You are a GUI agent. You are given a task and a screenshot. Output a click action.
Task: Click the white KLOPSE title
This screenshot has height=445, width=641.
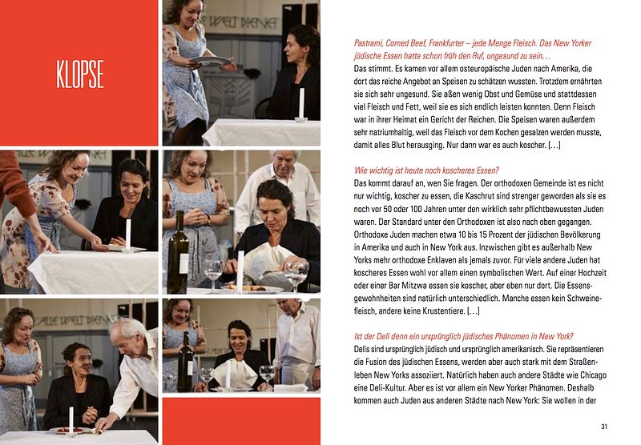point(80,74)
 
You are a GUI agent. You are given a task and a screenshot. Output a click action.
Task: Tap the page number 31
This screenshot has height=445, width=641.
point(604,427)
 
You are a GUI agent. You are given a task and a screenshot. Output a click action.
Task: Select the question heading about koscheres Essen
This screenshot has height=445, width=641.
point(426,170)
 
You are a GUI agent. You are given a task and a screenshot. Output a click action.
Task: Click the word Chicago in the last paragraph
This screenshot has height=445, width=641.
point(593,375)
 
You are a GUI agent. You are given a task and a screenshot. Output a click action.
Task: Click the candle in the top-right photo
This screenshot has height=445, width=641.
point(301,105)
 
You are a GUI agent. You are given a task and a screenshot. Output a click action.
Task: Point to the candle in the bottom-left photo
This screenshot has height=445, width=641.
point(71,420)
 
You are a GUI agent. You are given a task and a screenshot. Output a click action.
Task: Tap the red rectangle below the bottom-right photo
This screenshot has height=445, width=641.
point(241,421)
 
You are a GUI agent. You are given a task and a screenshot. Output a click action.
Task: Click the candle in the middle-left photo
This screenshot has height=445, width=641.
point(128,234)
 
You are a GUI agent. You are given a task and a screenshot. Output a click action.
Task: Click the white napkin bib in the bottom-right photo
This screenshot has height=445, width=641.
point(232,375)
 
